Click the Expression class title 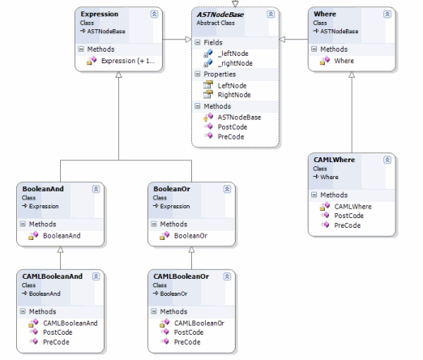point(100,14)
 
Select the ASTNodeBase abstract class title point(220,15)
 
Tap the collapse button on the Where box point(387,14)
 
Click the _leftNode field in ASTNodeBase point(233,54)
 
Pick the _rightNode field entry point(235,63)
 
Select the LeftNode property point(232,86)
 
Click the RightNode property point(234,95)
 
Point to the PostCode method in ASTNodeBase point(233,127)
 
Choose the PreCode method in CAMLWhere point(348,225)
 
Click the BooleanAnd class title point(43,189)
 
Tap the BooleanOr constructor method point(190,236)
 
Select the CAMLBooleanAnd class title point(53,276)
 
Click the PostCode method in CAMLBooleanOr point(189,332)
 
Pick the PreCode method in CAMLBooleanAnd point(56,342)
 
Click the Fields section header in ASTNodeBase point(213,43)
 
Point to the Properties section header point(220,75)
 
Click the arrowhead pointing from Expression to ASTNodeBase point(189,40)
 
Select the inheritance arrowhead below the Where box point(352,75)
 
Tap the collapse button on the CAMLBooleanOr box point(227,276)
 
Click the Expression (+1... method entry point(128,61)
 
